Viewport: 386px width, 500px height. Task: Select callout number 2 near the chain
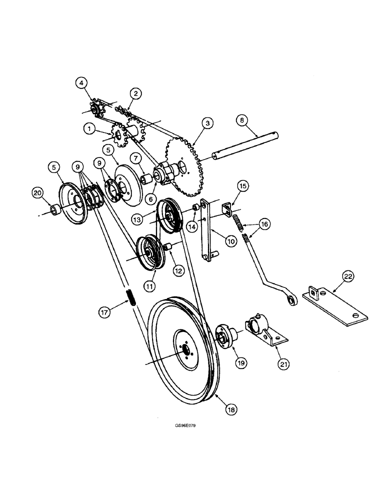click(135, 93)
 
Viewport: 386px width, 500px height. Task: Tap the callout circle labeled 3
click(205, 122)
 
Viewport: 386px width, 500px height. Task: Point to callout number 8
click(242, 120)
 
